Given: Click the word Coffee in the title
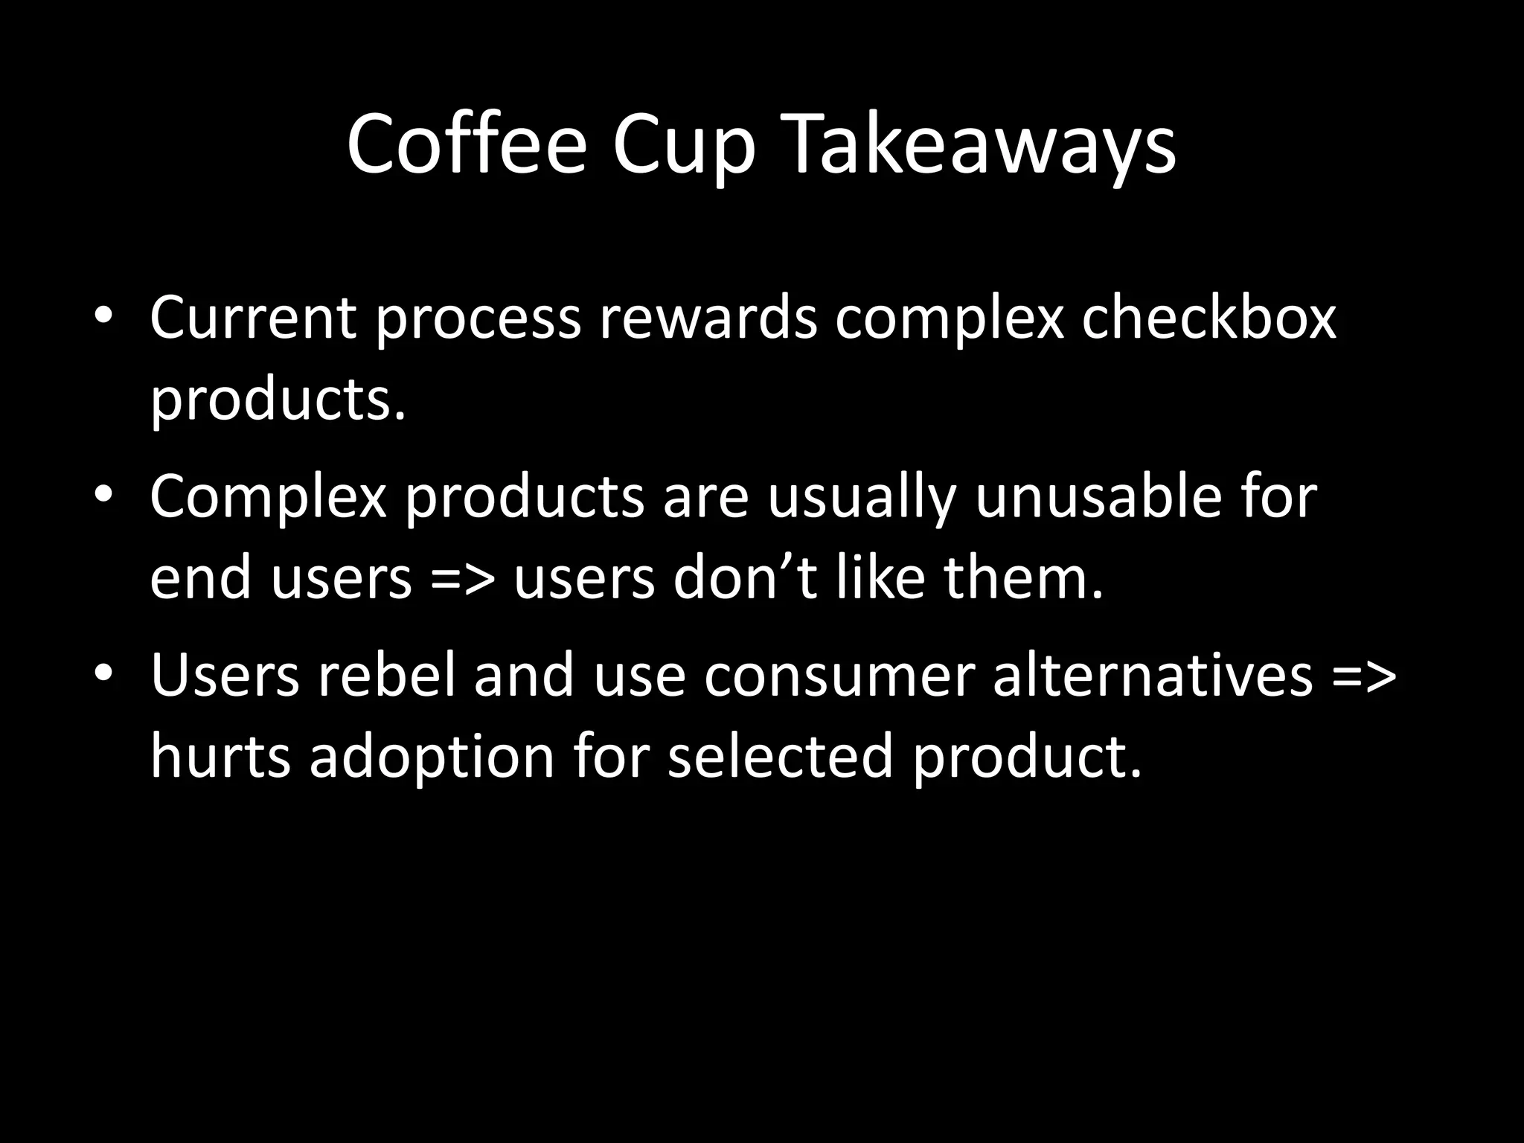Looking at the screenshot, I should pyautogui.click(x=467, y=143).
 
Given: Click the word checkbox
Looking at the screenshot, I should pyautogui.click(x=1209, y=318).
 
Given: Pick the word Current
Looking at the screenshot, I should pyautogui.click(x=253, y=318).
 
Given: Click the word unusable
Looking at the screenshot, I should pyautogui.click(x=1098, y=496).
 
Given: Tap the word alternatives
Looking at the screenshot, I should pyautogui.click(x=1153, y=675).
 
